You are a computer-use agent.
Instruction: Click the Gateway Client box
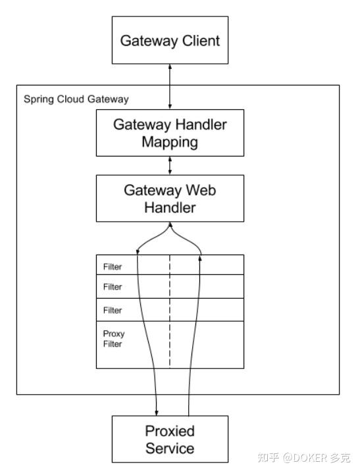(170, 41)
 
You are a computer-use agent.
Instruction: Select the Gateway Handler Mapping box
(170, 132)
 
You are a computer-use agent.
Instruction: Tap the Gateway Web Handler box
(170, 198)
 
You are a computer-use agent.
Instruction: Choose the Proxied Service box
(170, 439)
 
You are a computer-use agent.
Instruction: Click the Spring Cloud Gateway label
(76, 99)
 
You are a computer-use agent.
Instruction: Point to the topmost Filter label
(113, 267)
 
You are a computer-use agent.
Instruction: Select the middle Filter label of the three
(113, 287)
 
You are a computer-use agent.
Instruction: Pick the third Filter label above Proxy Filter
(113, 310)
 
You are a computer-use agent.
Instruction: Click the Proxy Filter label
(113, 338)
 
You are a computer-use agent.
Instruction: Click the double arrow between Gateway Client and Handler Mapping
(170, 87)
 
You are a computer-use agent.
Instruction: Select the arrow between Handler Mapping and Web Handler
(170, 164)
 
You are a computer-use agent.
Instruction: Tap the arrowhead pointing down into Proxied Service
(157, 411)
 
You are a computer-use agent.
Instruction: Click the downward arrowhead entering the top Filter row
(138, 252)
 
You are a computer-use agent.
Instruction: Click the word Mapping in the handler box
(170, 141)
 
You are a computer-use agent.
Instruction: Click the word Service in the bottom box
(170, 449)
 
